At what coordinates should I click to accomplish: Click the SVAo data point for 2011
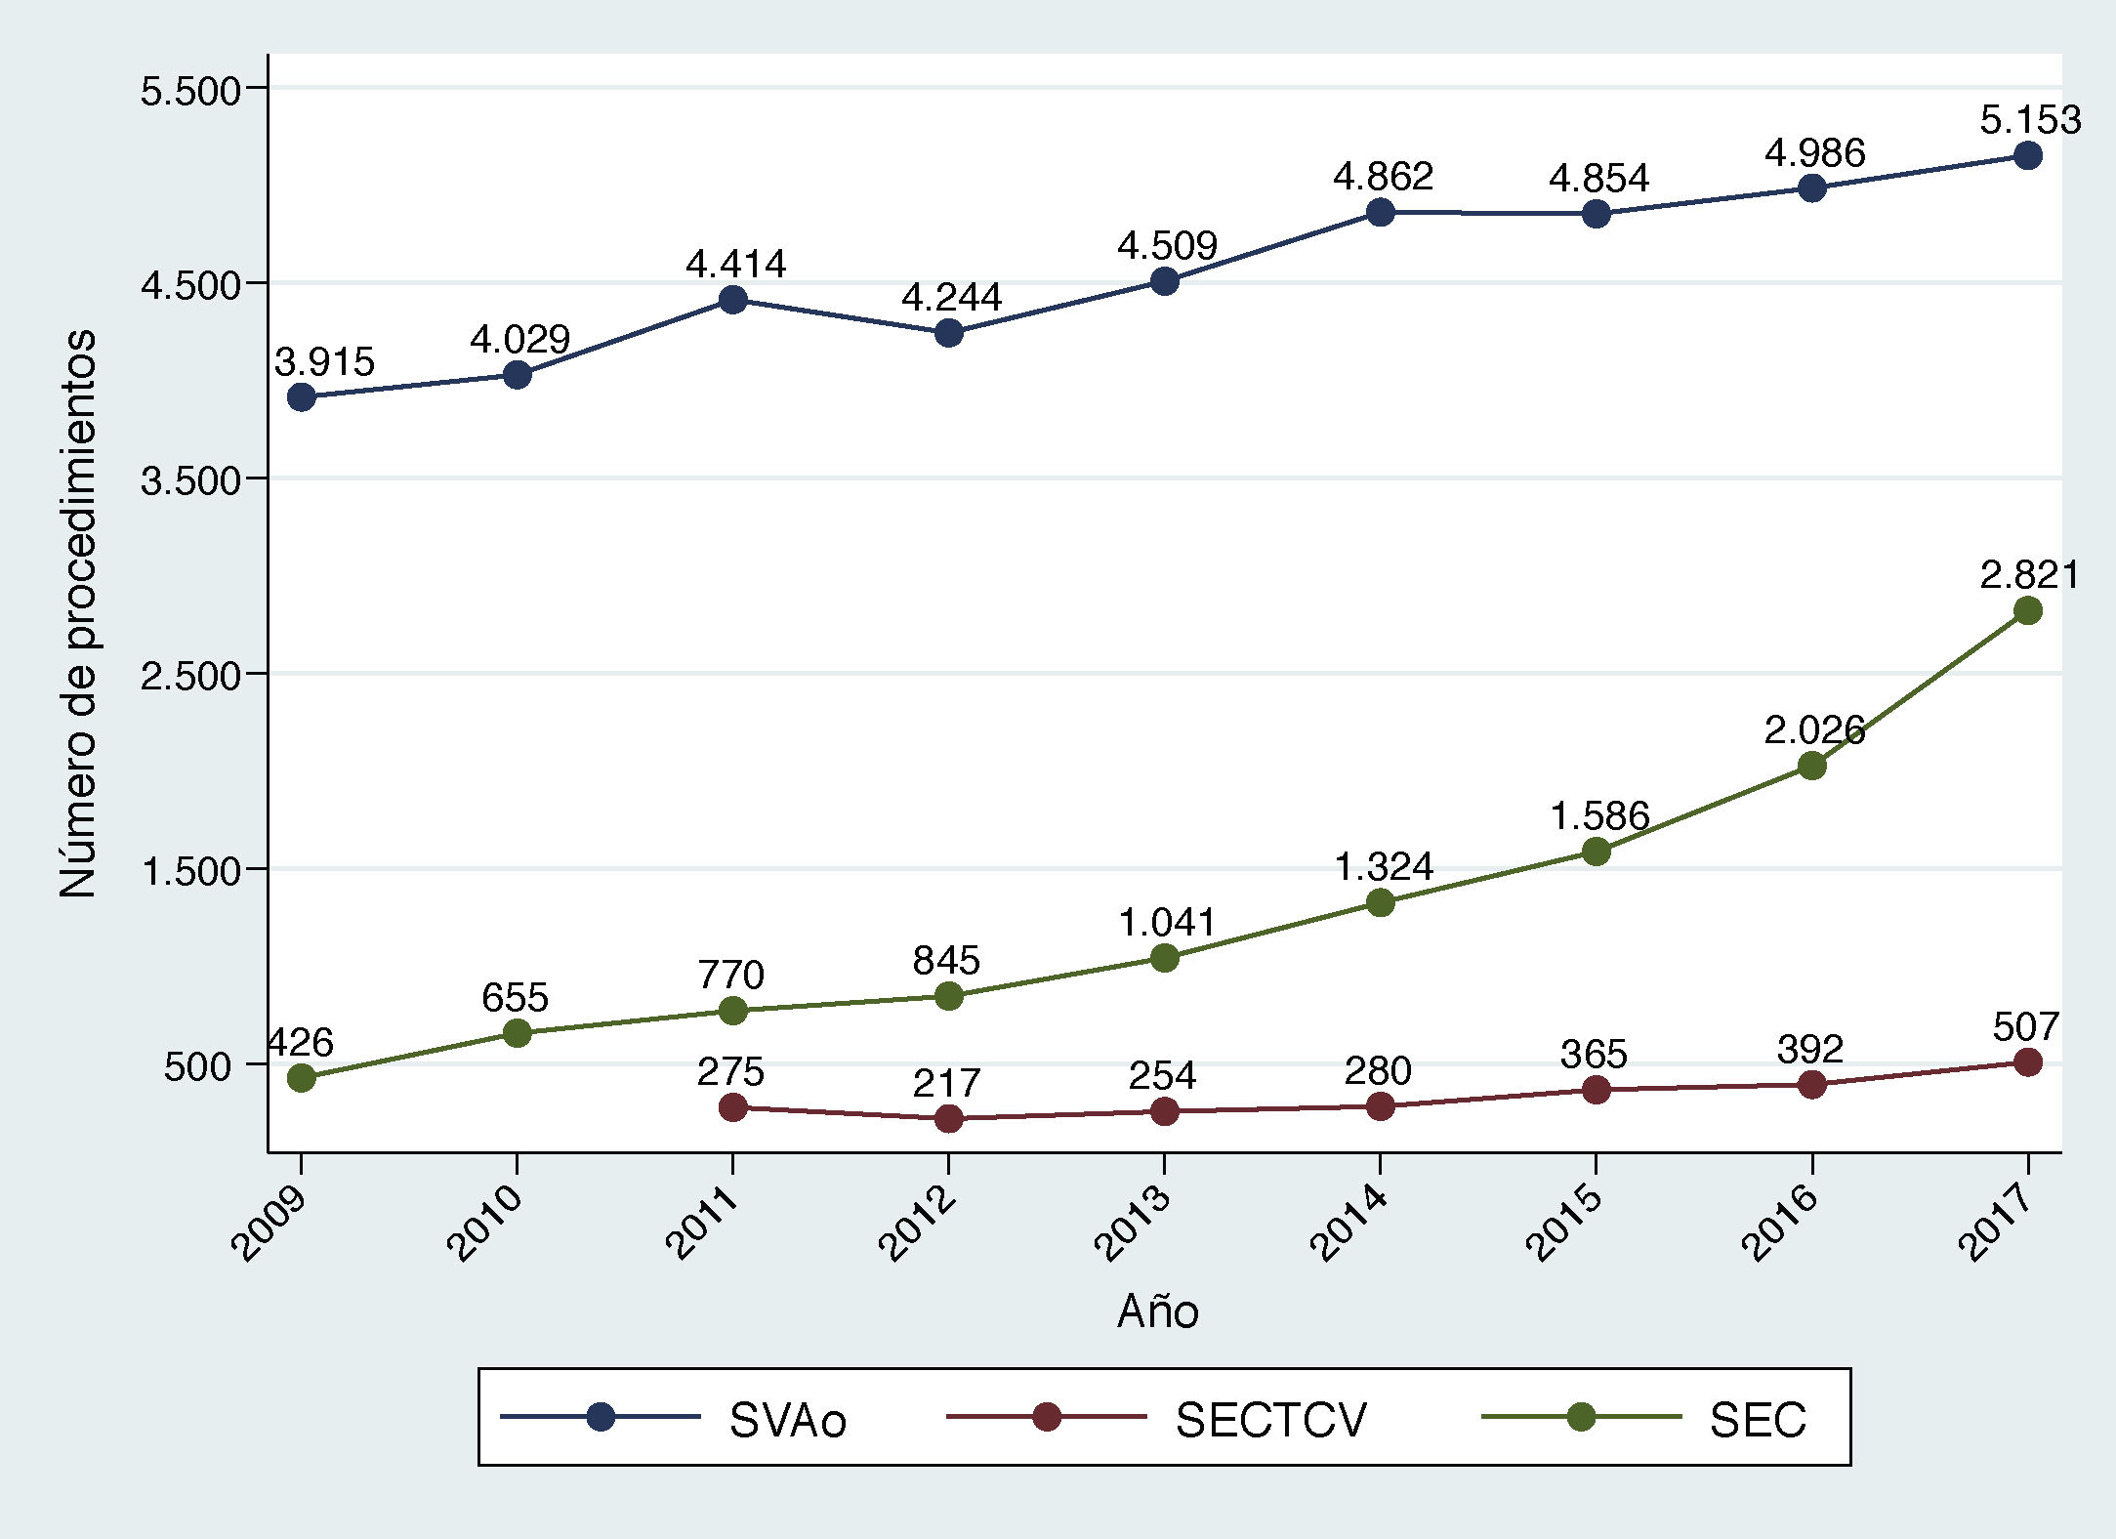(x=733, y=300)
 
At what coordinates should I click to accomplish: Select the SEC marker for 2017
(x=2028, y=611)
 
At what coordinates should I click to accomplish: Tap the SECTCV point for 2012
(x=949, y=1118)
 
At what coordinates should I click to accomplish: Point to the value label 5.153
(x=2030, y=120)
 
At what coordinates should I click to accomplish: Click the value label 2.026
(x=1813, y=729)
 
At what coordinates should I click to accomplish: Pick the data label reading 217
(x=946, y=1083)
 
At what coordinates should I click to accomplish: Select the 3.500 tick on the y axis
(x=190, y=480)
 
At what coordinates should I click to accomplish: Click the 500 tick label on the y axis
(x=197, y=1066)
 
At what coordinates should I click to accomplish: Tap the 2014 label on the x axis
(x=1348, y=1223)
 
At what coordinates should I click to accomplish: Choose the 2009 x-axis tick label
(x=270, y=1223)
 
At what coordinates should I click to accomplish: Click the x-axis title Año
(x=1157, y=1311)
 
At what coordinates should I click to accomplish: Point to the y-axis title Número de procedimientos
(x=78, y=613)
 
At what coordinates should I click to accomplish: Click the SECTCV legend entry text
(x=1270, y=1420)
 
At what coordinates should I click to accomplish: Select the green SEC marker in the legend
(x=1581, y=1417)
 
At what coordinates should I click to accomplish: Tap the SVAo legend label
(x=787, y=1420)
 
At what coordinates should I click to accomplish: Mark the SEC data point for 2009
(x=302, y=1078)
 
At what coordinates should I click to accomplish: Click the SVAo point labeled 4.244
(x=949, y=333)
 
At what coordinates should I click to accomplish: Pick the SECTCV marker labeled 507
(x=2028, y=1062)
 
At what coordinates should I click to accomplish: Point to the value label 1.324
(x=1383, y=866)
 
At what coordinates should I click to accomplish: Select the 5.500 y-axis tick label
(x=190, y=91)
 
